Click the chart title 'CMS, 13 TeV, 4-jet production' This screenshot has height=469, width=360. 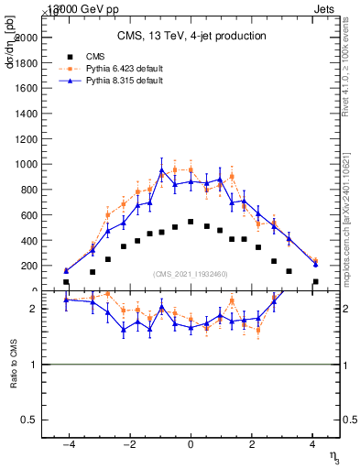(191, 36)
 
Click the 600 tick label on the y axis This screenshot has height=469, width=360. (29, 215)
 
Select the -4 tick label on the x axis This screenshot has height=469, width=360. (68, 444)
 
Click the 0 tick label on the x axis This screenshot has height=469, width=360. (191, 444)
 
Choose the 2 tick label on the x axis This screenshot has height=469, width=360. (252, 444)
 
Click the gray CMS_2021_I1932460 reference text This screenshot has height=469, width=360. (191, 274)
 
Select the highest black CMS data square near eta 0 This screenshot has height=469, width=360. (191, 222)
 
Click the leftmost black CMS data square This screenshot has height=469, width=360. (66, 282)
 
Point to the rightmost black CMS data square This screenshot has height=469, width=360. (315, 282)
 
